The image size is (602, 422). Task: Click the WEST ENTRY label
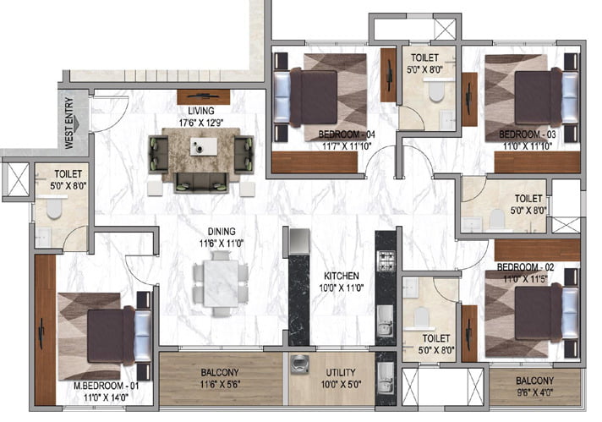pos(69,123)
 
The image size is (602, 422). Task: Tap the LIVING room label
pos(200,111)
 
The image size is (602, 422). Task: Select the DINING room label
pos(222,232)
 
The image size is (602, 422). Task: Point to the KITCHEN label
pos(342,276)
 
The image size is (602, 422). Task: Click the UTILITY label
pos(341,372)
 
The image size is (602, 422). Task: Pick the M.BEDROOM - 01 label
pos(107,386)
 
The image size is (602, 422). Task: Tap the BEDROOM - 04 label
pos(347,134)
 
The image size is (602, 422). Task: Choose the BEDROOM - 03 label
pos(528,134)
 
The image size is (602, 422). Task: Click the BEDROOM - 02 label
pos(525,267)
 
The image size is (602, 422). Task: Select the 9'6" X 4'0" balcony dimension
pos(534,392)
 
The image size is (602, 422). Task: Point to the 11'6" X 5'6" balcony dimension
pos(220,384)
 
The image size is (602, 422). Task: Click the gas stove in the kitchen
pos(386,260)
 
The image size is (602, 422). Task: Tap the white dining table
pos(221,283)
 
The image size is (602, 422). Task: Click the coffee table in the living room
pos(204,146)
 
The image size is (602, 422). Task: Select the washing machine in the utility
pos(300,364)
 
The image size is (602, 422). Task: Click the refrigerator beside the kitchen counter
pos(299,242)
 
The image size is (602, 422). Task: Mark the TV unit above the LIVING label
pos(204,96)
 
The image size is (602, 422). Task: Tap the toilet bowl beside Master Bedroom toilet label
pos(54,207)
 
